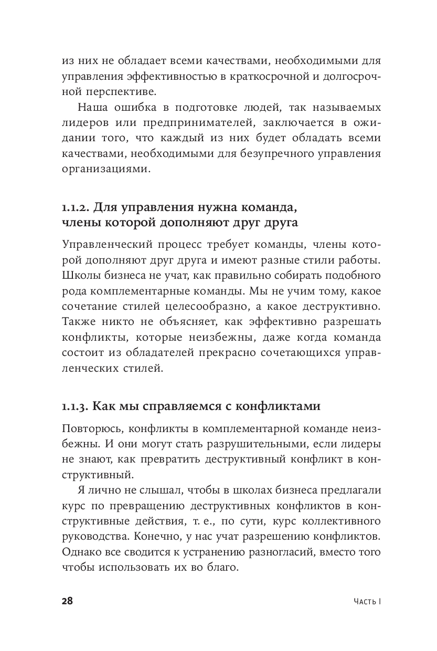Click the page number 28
click(x=67, y=602)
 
